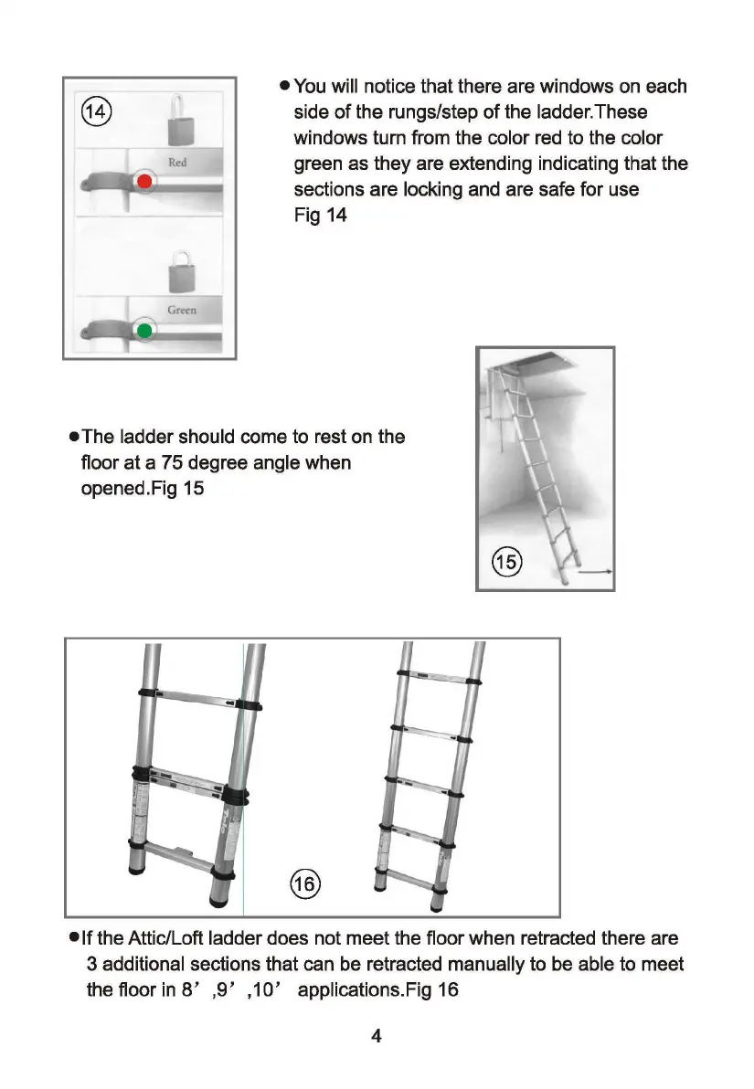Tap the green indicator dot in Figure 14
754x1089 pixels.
point(143,330)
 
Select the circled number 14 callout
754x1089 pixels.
point(96,113)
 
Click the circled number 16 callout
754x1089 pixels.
point(303,884)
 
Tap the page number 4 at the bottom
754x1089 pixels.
point(376,1036)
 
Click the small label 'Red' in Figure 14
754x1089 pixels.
point(177,163)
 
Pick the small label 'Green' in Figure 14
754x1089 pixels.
point(181,311)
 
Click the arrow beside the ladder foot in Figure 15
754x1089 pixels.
point(596,572)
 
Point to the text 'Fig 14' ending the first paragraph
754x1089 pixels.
point(320,217)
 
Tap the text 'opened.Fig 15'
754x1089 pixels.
point(143,489)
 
